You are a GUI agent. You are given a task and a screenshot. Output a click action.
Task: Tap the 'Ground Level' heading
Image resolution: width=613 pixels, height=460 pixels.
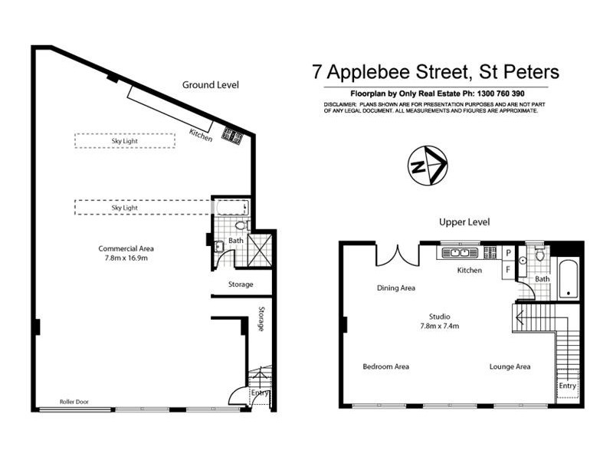(210, 84)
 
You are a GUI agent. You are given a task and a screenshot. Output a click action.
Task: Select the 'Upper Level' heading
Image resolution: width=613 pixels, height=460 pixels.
(464, 222)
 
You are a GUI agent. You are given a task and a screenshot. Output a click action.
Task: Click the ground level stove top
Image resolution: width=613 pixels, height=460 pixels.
(232, 135)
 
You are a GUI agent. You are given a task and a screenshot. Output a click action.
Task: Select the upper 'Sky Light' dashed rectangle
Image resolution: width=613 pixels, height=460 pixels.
(124, 140)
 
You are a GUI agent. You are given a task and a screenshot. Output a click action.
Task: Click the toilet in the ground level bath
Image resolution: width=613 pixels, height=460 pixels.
(240, 225)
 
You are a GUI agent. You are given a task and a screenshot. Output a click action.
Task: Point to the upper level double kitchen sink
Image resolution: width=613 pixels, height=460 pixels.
(460, 251)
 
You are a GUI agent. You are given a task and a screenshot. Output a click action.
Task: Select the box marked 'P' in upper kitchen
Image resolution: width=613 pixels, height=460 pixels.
(508, 252)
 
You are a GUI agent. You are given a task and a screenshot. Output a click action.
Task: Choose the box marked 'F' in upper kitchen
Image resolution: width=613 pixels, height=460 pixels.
(508, 270)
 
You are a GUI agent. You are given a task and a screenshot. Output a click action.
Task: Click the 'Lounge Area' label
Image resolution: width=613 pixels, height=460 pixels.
(510, 366)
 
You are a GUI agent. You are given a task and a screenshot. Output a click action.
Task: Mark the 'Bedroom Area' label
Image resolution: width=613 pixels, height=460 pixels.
(385, 366)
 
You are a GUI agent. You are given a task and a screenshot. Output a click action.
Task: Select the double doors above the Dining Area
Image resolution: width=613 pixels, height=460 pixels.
(396, 255)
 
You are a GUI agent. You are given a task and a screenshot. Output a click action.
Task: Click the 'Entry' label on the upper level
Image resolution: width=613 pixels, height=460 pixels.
(567, 386)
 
